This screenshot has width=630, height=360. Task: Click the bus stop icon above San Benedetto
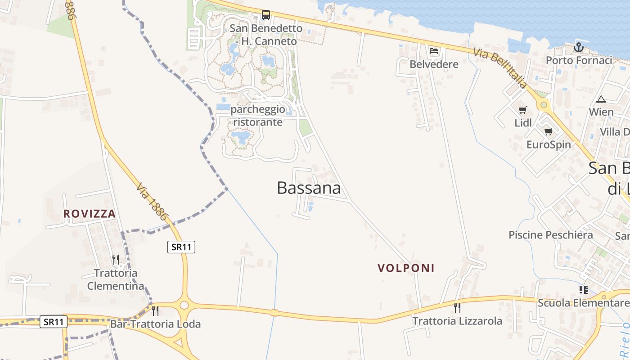pos(266,15)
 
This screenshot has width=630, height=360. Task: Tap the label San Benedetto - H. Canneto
pos(266,35)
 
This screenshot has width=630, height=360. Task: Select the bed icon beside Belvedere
pos(434,50)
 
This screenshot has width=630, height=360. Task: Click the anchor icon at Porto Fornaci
pos(579,47)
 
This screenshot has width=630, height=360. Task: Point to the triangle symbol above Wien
pos(601,99)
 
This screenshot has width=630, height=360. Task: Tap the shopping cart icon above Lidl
pos(523,110)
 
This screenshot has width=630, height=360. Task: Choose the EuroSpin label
pos(549,144)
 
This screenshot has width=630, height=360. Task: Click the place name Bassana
pos(309,188)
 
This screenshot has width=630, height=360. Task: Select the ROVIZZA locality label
pos(90,214)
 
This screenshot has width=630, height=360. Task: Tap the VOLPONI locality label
pos(406,268)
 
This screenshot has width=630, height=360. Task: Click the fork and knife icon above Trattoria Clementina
pos(116,259)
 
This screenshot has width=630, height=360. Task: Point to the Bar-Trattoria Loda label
pos(155,324)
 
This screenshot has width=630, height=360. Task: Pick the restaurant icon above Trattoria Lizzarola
pos(457,307)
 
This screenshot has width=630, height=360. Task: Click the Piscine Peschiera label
pos(550,235)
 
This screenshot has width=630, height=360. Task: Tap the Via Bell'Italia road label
pos(500,68)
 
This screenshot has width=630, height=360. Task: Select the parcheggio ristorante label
pos(258,116)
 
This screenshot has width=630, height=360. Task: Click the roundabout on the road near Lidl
pos(544,105)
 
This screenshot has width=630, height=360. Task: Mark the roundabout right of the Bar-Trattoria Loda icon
pos(184,306)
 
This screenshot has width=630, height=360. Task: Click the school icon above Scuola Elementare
pos(584,289)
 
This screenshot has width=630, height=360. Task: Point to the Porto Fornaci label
pos(579,60)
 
